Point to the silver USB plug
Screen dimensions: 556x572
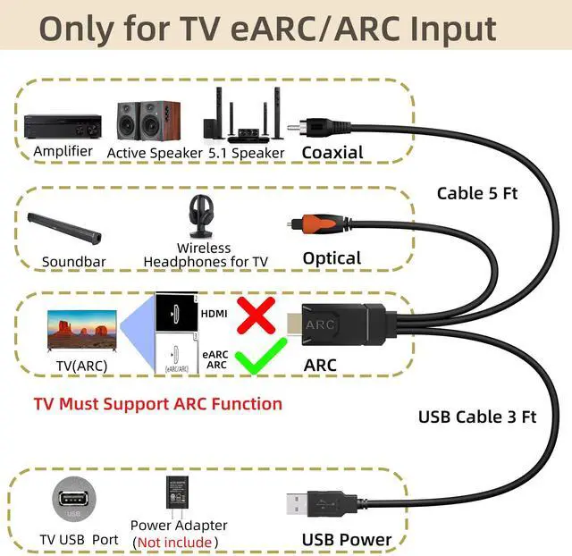point(304,501)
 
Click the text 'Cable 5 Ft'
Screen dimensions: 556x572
point(477,193)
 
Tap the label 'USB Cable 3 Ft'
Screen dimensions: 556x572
point(477,416)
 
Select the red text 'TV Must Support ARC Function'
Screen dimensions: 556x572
point(157,403)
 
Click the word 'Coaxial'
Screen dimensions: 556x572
point(332,152)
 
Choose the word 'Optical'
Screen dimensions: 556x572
point(332,258)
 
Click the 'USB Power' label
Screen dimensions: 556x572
point(346,539)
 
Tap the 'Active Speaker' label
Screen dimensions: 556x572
point(155,153)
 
